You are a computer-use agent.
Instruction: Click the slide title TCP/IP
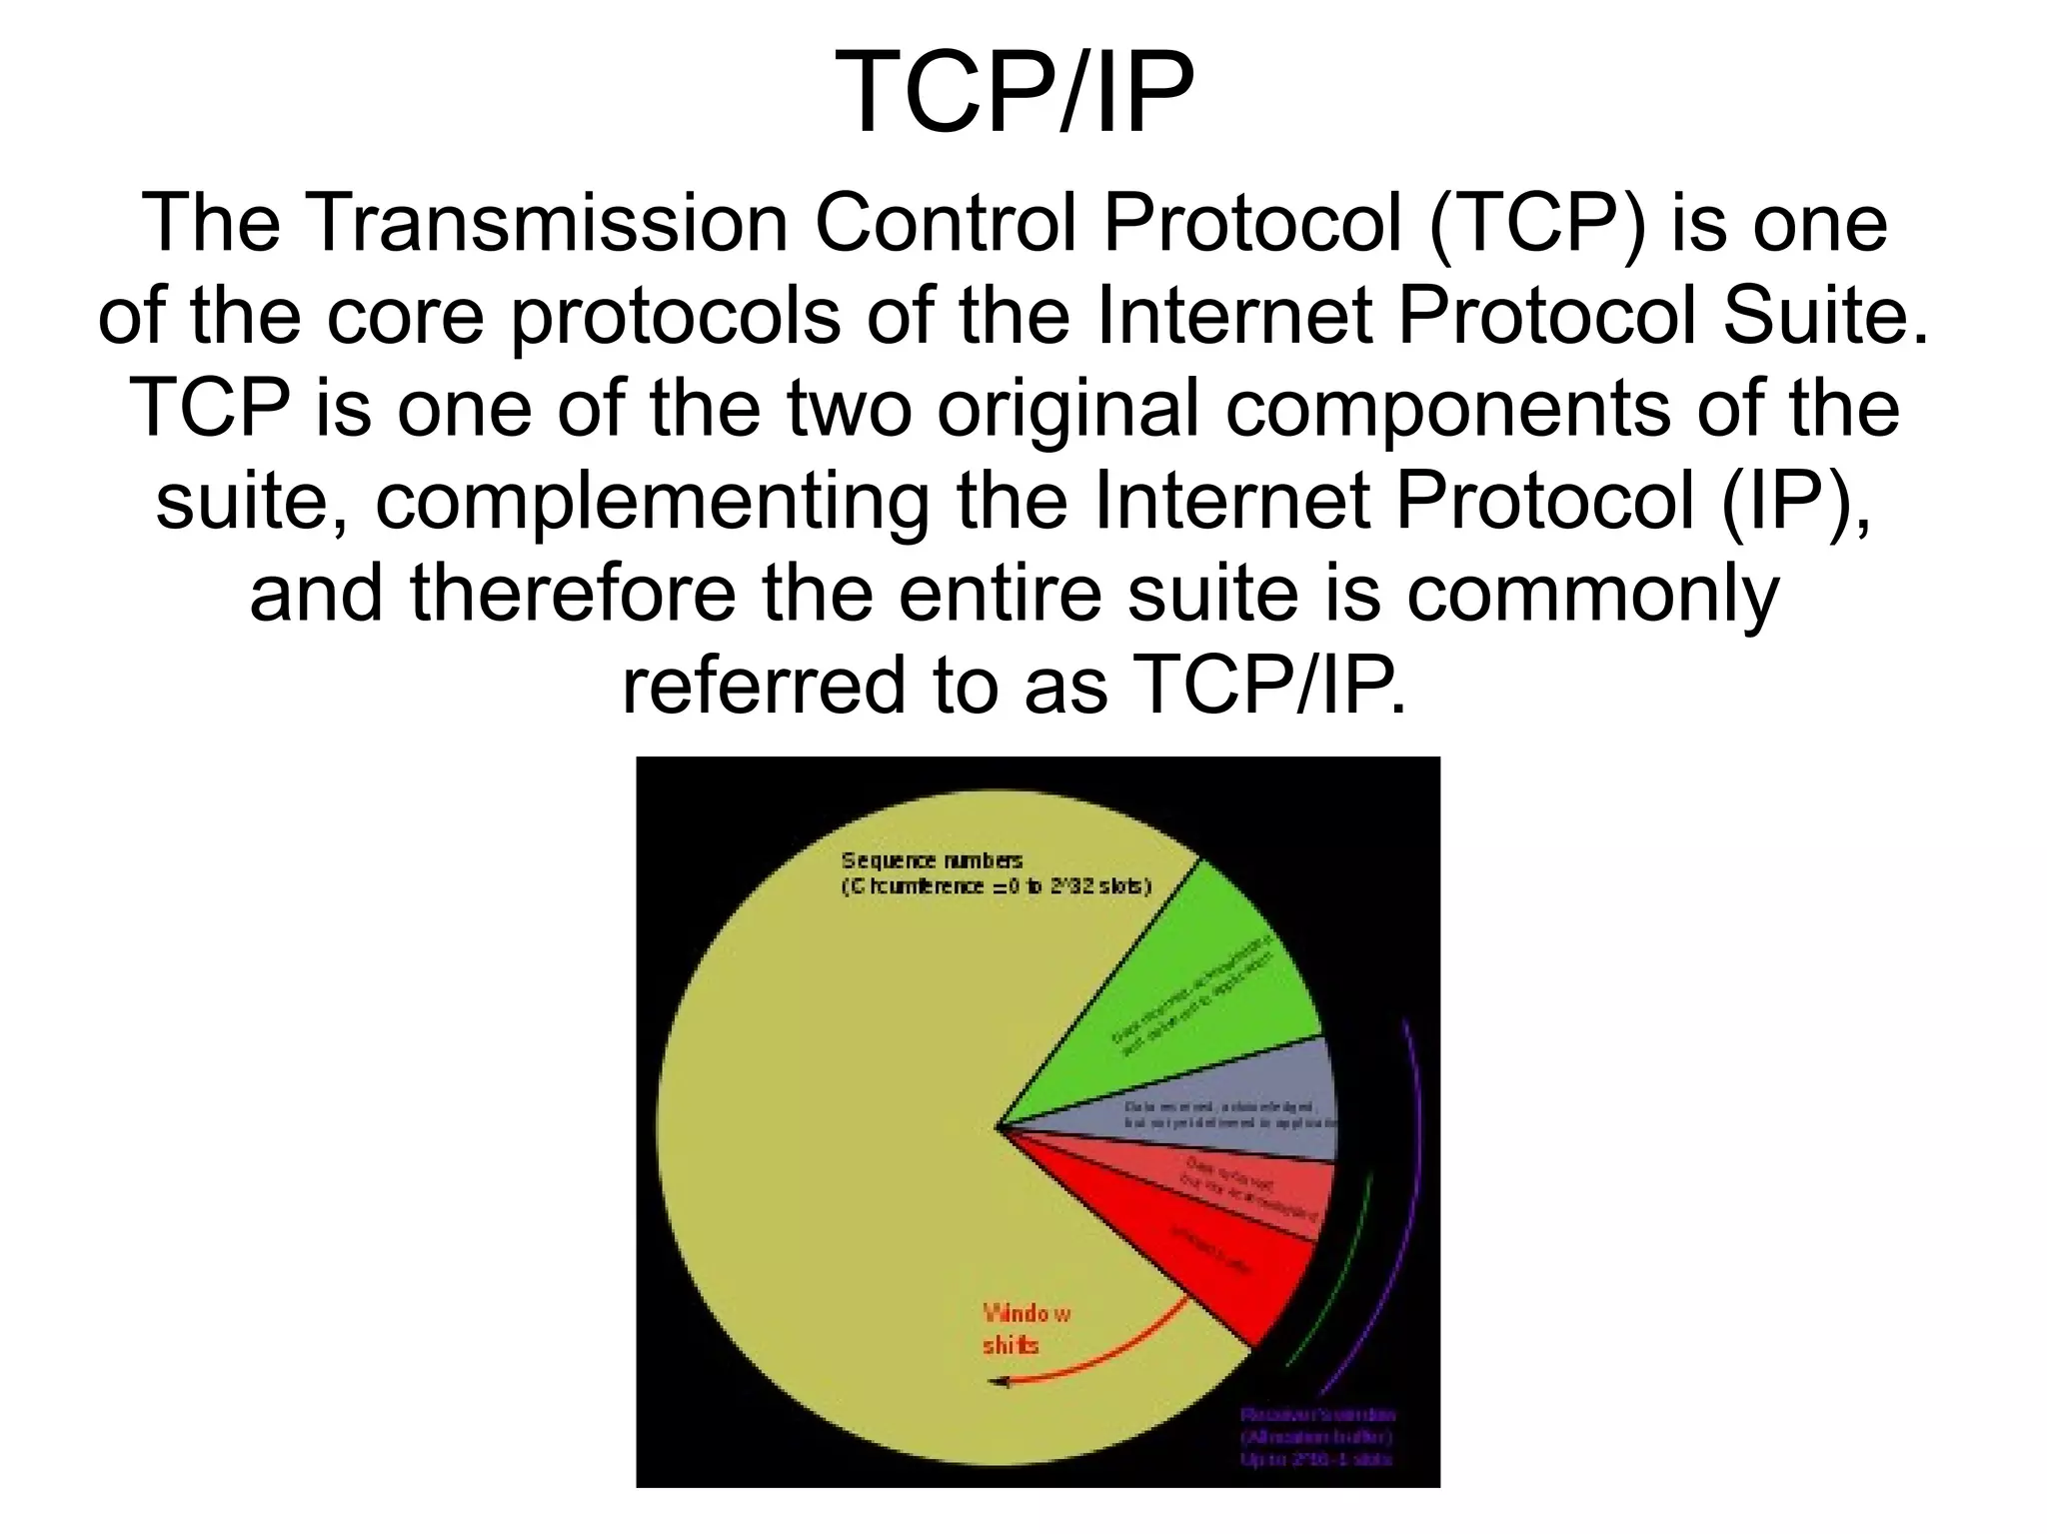pyautogui.click(x=1021, y=92)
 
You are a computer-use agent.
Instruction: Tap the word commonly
pyautogui.click(x=1593, y=594)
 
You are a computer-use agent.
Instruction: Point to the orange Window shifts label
pyautogui.click(x=1024, y=1329)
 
